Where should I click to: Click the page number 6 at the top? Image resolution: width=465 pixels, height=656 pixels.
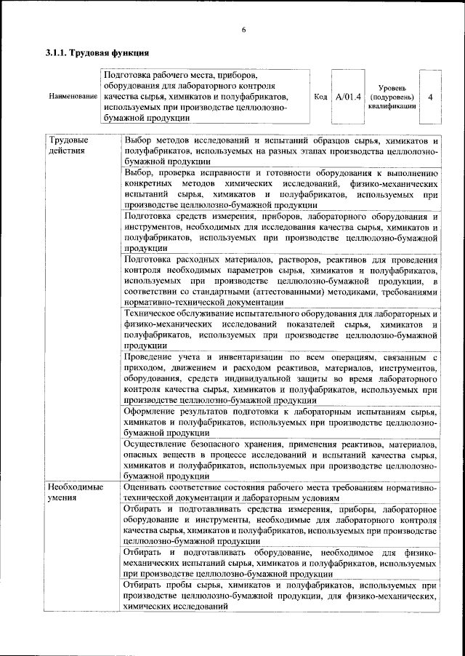(244, 29)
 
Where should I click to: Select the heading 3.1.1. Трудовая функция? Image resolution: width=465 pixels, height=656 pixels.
(97, 53)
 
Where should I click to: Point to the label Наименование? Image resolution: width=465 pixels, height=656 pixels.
(73, 97)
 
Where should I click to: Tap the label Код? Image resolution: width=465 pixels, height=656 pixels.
(320, 97)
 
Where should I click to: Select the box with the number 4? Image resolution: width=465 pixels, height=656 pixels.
(431, 97)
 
